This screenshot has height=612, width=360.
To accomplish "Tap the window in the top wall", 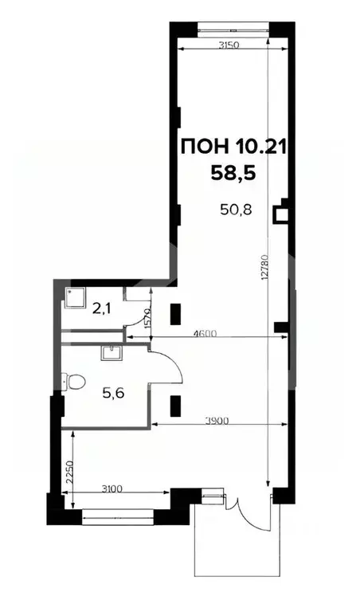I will click(x=231, y=30).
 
